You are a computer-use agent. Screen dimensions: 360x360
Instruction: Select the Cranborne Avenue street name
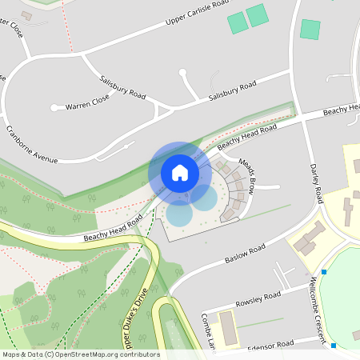point(32,145)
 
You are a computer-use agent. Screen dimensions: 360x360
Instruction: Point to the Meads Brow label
point(246,176)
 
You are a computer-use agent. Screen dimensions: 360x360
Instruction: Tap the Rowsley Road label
point(258,300)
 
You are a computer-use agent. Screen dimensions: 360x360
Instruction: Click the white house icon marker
point(180,172)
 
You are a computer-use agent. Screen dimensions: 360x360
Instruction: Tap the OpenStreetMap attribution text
point(80,354)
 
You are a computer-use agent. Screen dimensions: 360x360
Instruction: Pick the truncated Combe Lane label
point(210,328)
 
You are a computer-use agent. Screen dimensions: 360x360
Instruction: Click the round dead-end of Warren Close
point(54,107)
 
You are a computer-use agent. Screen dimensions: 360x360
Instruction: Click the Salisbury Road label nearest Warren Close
point(122,87)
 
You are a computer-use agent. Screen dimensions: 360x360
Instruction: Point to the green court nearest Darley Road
point(310,30)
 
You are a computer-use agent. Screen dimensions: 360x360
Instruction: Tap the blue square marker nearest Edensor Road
point(333,346)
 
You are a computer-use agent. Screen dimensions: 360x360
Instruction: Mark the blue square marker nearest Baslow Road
point(324,273)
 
